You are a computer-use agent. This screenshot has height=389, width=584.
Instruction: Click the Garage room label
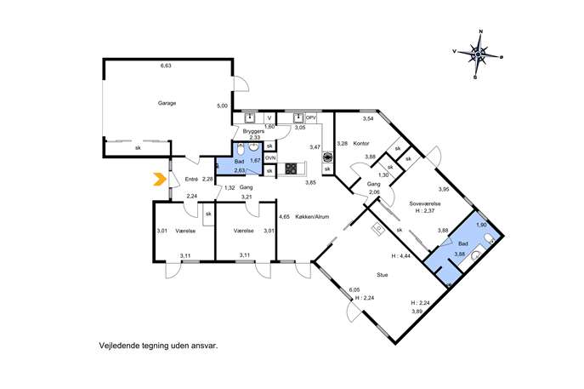tap(167, 103)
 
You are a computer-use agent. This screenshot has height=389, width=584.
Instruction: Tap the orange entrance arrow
tap(160, 180)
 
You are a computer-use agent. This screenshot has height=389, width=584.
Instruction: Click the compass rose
tap(478, 54)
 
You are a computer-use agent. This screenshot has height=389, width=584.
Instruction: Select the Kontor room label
tap(361, 143)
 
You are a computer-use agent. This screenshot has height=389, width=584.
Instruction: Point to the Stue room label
tap(383, 275)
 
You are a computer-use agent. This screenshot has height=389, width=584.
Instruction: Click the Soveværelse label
tap(425, 203)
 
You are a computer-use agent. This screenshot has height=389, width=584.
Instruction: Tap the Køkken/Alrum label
tap(312, 217)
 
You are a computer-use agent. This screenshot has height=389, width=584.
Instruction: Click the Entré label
tap(191, 180)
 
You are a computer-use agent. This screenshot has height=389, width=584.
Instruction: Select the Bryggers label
tap(253, 131)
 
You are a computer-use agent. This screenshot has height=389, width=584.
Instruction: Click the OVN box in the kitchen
tap(270, 158)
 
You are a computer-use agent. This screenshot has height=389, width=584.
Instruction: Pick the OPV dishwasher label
tap(311, 117)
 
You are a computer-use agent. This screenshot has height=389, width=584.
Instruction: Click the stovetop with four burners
tap(291, 169)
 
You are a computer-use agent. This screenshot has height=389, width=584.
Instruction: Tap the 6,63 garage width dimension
tap(166, 66)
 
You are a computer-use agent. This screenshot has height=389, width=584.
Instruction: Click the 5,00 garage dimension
tap(222, 106)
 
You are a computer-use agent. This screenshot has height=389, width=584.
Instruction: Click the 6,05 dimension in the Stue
tap(354, 289)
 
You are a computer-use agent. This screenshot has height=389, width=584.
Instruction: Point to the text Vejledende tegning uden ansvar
tap(158, 346)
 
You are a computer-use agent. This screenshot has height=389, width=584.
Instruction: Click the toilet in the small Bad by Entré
tap(241, 150)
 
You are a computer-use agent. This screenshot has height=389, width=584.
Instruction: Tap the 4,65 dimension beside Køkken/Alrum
tap(284, 216)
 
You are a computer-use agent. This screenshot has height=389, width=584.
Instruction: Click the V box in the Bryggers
tap(269, 118)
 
